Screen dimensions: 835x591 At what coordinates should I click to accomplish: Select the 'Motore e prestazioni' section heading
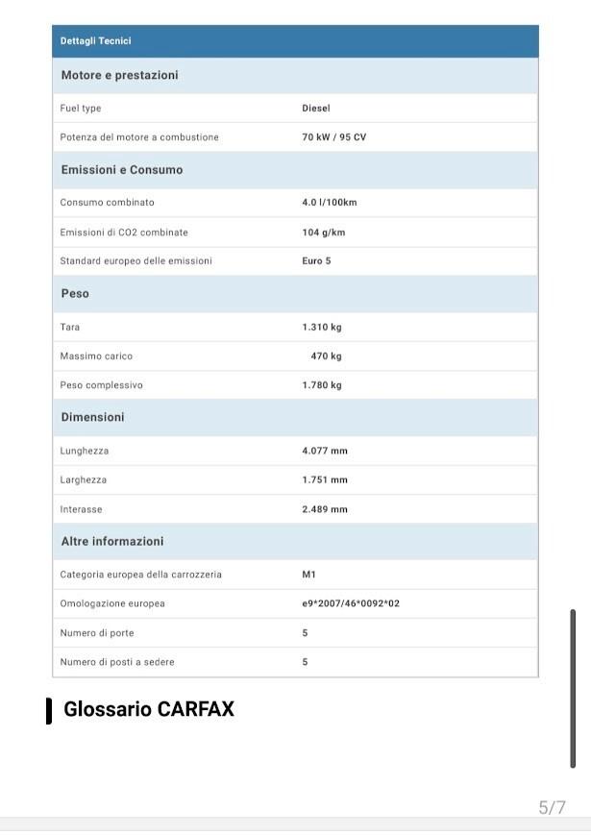coord(119,75)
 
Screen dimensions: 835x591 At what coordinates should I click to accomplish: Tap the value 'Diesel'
coord(316,109)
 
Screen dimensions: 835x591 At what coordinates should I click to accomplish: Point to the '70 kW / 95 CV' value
coord(333,137)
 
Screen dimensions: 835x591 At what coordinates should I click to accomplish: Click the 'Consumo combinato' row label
coord(107,203)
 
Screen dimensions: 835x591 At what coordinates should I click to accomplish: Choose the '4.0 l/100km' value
coord(329,203)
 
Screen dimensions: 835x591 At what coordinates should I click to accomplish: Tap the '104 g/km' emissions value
coord(323,233)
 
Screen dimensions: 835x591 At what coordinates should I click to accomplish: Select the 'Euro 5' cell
coord(316,261)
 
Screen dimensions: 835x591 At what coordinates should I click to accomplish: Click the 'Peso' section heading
coord(75,293)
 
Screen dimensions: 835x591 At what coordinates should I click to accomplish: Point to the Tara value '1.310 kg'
coord(321,328)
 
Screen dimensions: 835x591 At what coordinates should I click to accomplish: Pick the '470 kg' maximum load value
coord(326,356)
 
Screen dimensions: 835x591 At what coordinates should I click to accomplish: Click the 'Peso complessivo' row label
coord(101,385)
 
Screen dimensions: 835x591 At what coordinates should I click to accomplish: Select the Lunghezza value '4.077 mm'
coord(325,451)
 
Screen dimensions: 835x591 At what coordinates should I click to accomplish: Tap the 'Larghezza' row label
coord(84,479)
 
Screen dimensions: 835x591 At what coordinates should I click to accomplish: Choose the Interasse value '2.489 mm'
coord(325,509)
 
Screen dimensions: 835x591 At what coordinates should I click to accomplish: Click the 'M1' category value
coord(308,575)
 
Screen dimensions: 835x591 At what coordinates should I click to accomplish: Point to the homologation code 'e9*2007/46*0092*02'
coord(351,603)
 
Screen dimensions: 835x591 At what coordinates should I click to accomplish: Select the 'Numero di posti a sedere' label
coord(117,662)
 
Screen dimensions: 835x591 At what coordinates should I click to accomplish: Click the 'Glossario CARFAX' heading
coord(149,709)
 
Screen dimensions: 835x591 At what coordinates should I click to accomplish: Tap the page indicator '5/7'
coord(552,807)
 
